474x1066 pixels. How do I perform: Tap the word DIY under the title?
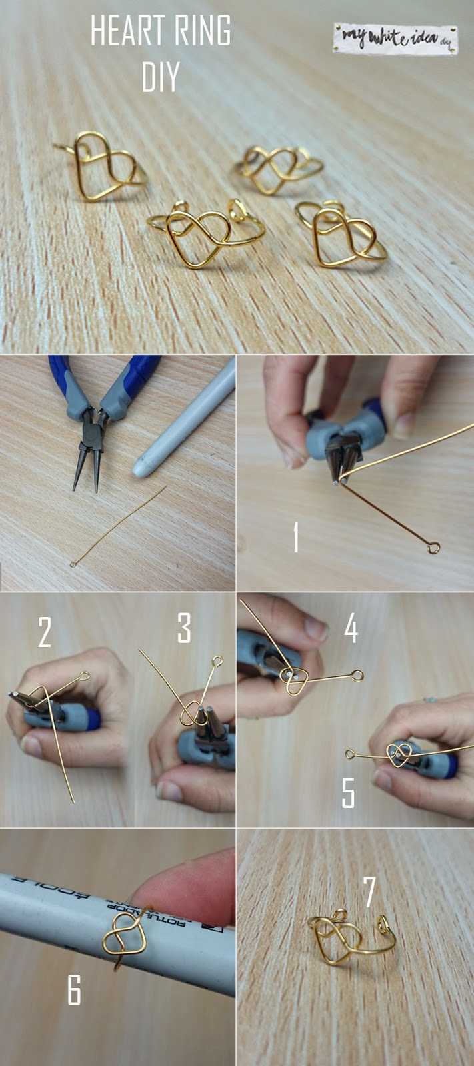(160, 77)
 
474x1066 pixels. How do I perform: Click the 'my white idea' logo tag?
(395, 39)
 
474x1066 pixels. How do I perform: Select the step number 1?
(295, 537)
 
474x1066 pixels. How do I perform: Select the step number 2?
(45, 632)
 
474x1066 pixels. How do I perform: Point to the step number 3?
(184, 628)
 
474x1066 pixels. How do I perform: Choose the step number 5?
(348, 792)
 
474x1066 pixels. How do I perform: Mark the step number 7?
(369, 891)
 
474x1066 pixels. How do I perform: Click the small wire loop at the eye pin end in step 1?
(433, 548)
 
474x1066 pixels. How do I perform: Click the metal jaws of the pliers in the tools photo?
(89, 453)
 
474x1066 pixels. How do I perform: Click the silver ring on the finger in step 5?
(429, 700)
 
